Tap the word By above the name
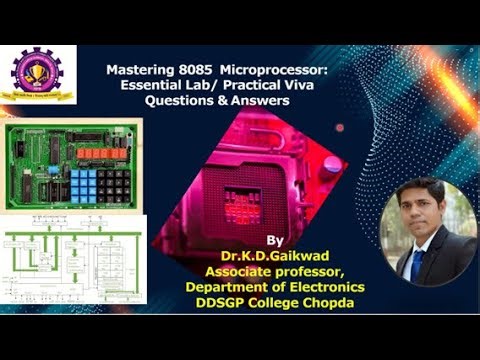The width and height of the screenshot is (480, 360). tap(276, 241)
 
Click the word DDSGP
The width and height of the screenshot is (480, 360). tap(237, 304)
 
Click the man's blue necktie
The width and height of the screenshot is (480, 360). tap(417, 262)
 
